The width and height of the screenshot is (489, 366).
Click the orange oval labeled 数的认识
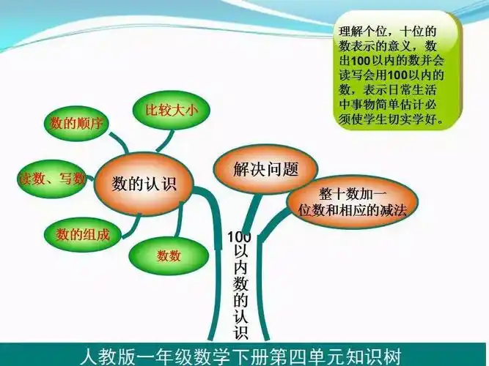pos(144,182)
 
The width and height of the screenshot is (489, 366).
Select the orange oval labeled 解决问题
pos(265,170)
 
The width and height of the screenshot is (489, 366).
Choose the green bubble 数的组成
pos(82,234)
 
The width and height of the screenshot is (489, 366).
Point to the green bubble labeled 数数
pos(169,255)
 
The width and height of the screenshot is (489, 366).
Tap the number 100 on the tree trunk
pos(239,237)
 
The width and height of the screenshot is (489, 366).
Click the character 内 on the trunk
pos(240,267)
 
